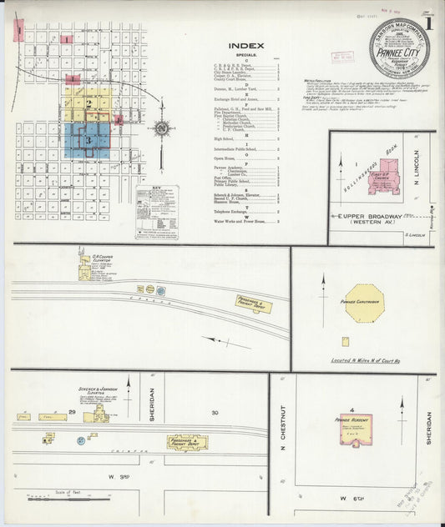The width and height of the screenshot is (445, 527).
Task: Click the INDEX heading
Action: tap(245, 46)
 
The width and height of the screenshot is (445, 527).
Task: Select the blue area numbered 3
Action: tap(87, 141)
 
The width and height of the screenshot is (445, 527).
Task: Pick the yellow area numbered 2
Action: tap(88, 103)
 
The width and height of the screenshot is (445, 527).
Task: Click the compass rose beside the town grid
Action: tap(160, 128)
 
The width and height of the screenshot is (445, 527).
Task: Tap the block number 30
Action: tap(215, 413)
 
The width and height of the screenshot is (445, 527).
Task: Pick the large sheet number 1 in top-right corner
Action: tap(428, 23)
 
